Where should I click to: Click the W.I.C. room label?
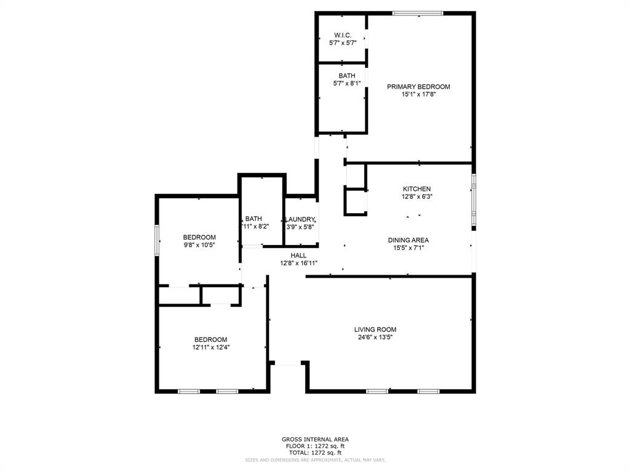coord(343,34)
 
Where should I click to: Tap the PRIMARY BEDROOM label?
coord(418,87)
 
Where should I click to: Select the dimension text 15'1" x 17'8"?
coord(418,95)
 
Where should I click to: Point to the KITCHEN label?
coord(417,189)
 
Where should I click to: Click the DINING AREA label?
coord(408,240)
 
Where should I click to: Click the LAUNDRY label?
coord(300,219)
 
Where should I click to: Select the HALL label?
coord(298,255)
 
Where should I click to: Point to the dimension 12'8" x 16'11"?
coord(298,263)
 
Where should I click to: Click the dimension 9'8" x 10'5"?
coord(199,245)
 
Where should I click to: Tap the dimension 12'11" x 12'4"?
coord(211,347)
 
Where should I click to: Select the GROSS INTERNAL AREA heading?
coord(315,439)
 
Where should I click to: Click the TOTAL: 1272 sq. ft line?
coord(315,453)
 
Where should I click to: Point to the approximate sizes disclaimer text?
coord(315,459)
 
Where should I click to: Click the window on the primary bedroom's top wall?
coord(418,13)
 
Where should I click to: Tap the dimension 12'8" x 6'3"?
coord(417,197)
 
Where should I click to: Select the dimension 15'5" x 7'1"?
coord(408,248)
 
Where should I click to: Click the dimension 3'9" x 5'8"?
coord(300,227)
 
